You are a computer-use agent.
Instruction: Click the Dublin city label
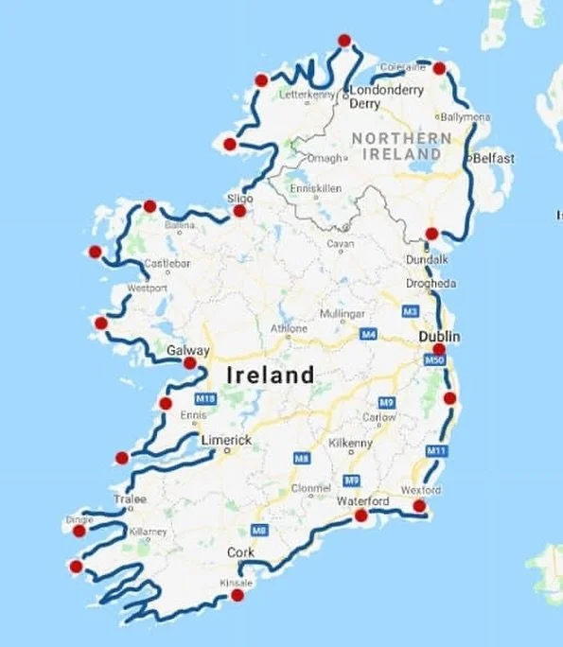pyautogui.click(x=441, y=336)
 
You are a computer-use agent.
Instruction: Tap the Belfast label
pyautogui.click(x=494, y=159)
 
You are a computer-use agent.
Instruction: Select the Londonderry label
pyautogui.click(x=387, y=91)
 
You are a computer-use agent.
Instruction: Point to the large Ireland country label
pyautogui.click(x=271, y=375)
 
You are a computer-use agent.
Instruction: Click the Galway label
pyautogui.click(x=187, y=350)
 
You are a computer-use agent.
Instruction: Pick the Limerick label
pyautogui.click(x=226, y=441)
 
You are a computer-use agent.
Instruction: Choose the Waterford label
pyautogui.click(x=364, y=500)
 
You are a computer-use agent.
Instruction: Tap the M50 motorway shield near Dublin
pyautogui.click(x=434, y=360)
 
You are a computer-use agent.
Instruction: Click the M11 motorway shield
pyautogui.click(x=436, y=450)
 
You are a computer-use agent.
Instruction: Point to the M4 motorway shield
pyautogui.click(x=369, y=333)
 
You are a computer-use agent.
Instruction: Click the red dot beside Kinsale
pyautogui.click(x=237, y=595)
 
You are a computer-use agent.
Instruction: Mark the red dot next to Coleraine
pyautogui.click(x=439, y=67)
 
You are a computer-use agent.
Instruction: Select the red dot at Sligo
pyautogui.click(x=239, y=211)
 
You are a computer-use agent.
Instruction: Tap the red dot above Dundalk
pyautogui.click(x=431, y=234)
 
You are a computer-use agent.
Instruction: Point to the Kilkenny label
pyautogui.click(x=353, y=442)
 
